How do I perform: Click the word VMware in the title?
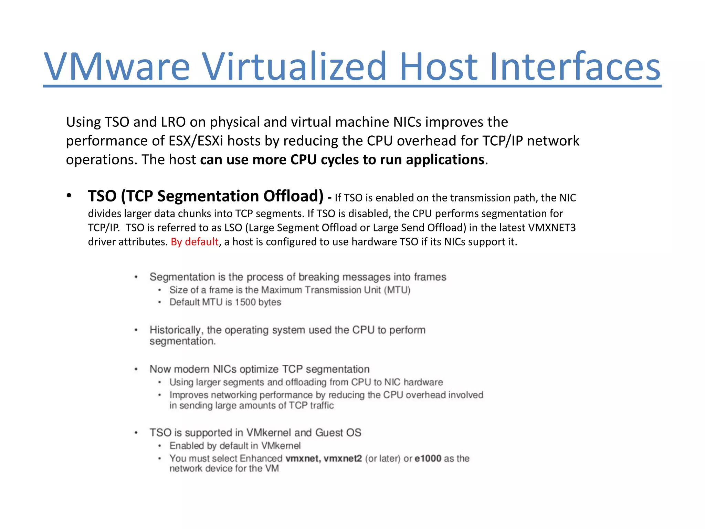tap(117, 66)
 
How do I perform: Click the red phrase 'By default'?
tap(194, 242)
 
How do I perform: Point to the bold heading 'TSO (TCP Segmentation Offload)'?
tap(206, 196)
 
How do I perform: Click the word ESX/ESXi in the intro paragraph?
tap(196, 141)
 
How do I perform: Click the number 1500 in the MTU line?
tap(245, 302)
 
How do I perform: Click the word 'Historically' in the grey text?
tap(176, 330)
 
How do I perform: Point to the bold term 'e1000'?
tap(428, 459)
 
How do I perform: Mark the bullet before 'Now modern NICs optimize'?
tap(136, 370)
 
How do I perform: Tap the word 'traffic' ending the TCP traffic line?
tap(322, 406)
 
